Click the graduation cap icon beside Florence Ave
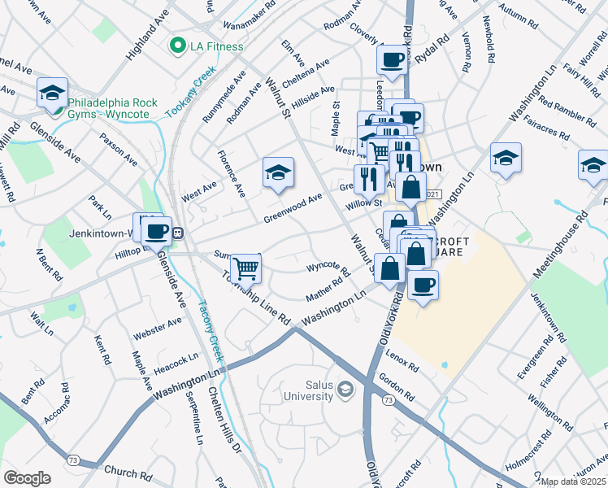[278, 172]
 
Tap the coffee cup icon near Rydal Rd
[393, 59]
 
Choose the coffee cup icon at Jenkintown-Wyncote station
[159, 230]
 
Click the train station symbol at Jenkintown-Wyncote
[176, 233]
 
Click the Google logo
[27, 478]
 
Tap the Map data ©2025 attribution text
[574, 482]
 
